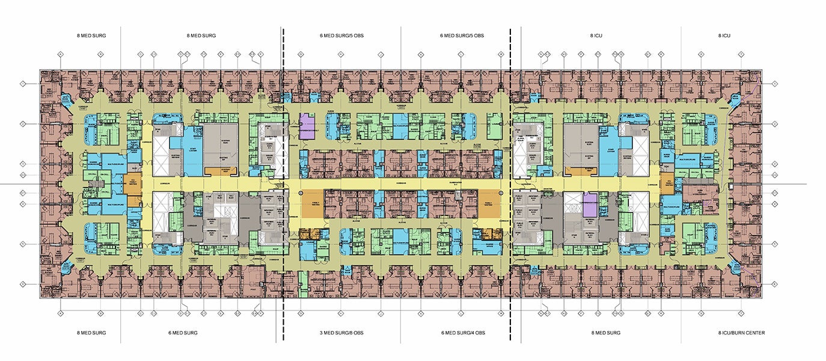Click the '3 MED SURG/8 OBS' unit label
coord(341,333)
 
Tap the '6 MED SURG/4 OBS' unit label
coord(462,333)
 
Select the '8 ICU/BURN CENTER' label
coord(741,333)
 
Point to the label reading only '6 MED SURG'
coord(183,333)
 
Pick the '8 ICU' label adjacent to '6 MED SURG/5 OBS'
coord(596,36)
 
